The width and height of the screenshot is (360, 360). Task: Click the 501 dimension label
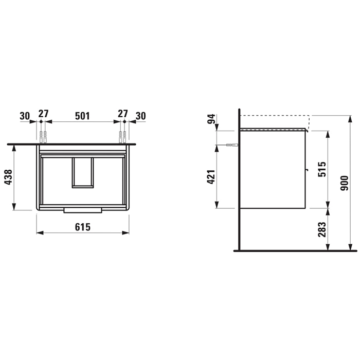coord(82,116)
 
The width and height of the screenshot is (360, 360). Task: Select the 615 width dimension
coord(83,227)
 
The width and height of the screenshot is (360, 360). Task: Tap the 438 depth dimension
coord(9,177)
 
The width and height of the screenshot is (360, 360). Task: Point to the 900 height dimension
coord(345,183)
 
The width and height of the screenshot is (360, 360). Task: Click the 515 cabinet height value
coord(322,169)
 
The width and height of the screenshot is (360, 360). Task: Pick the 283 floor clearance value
coord(322,229)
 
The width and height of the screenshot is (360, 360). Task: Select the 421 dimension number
coord(211,177)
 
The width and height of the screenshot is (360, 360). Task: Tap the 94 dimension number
coord(211,119)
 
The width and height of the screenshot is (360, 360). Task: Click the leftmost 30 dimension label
coord(25,116)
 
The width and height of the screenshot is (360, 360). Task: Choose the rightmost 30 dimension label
coord(141,116)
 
